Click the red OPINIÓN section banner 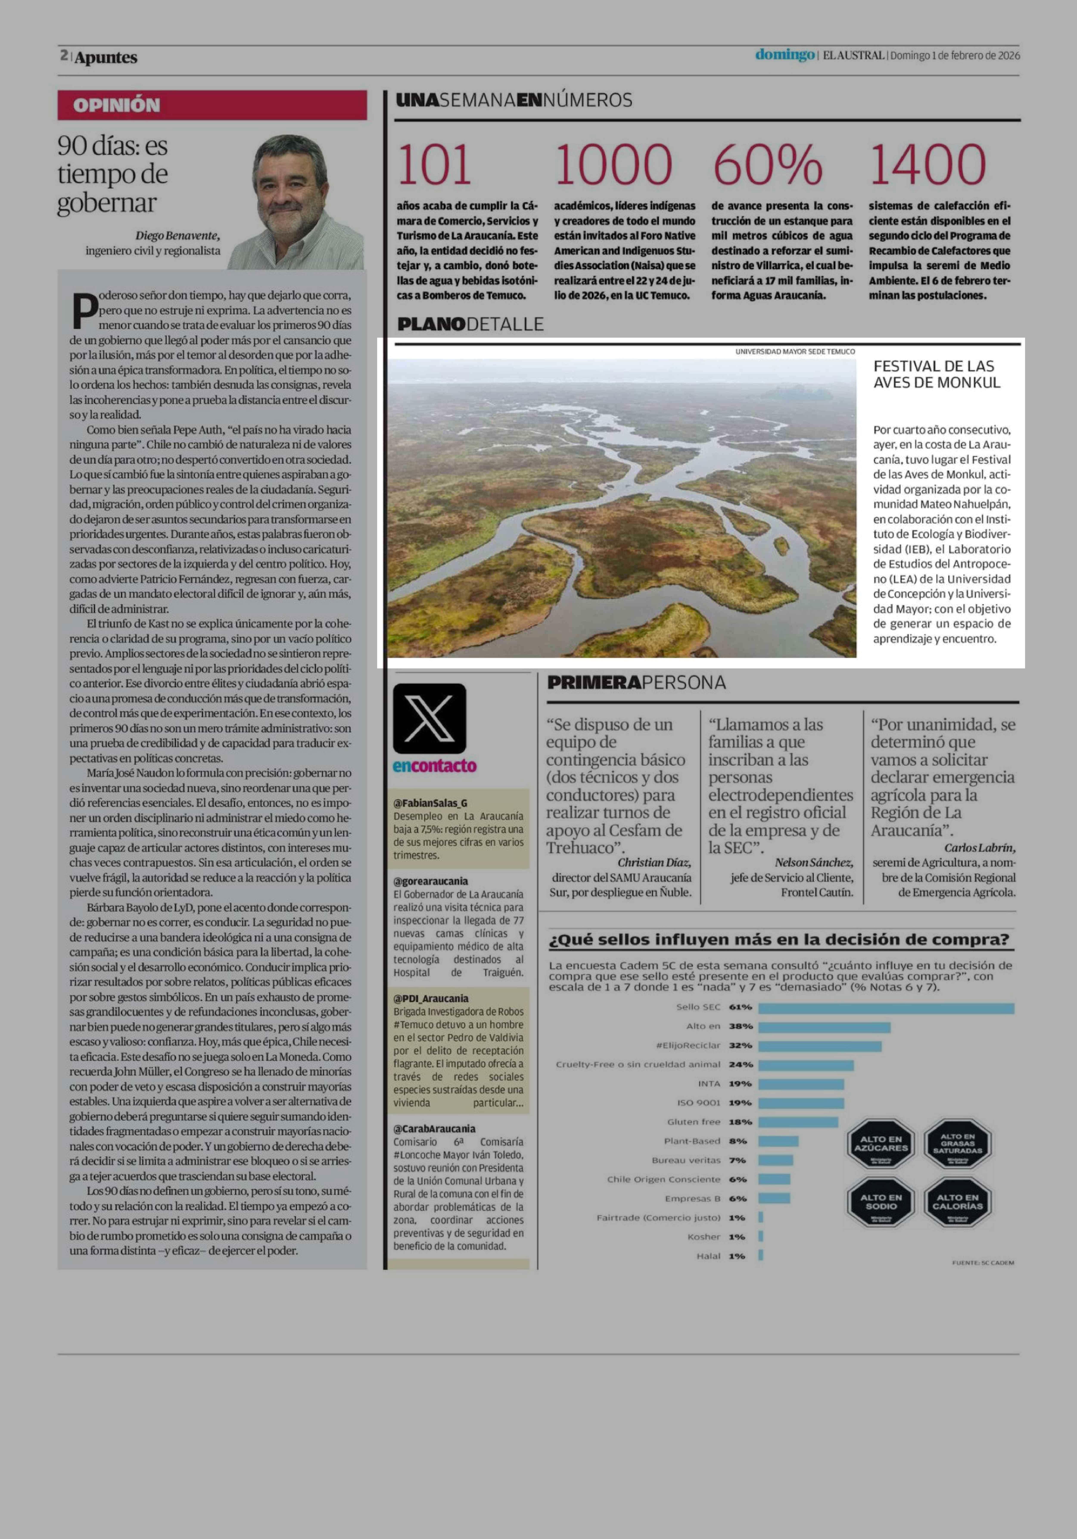212,105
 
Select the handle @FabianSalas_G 431,803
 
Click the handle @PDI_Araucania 431,998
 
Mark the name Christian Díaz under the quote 654,863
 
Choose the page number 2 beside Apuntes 64,56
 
